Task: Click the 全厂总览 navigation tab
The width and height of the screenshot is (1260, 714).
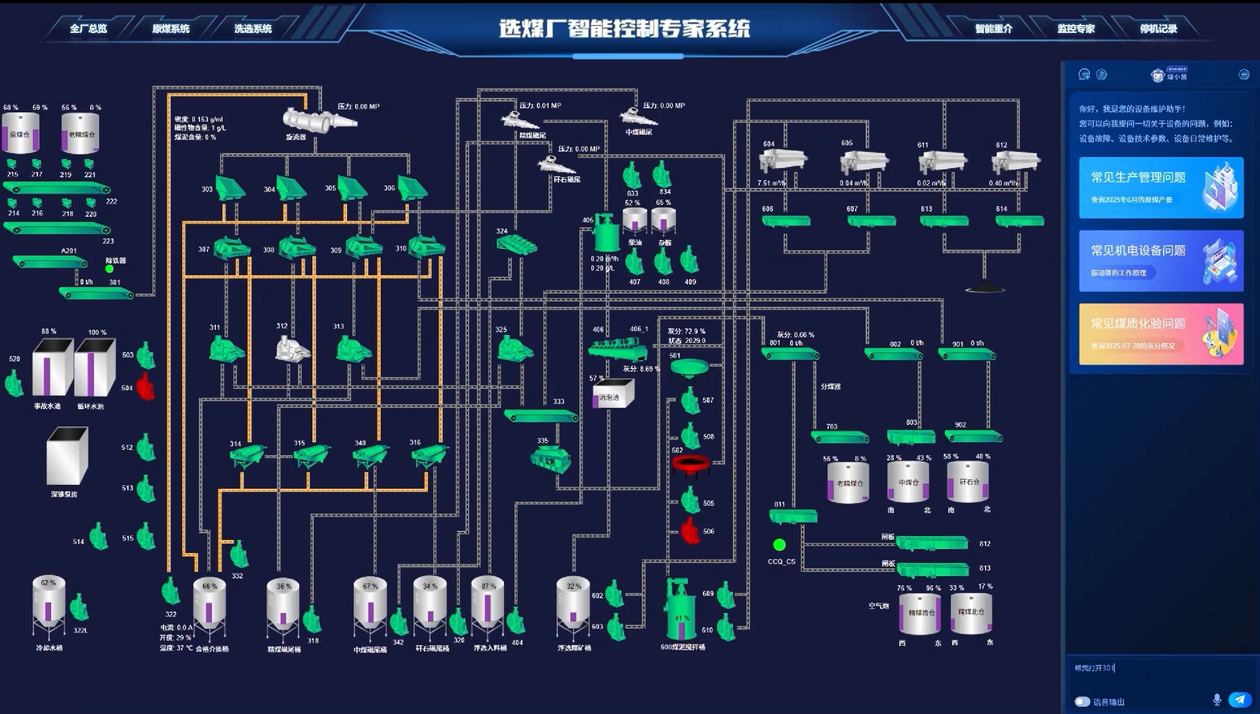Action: (88, 29)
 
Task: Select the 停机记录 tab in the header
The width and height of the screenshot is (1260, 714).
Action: (1158, 29)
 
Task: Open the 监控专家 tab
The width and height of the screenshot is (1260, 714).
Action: (1076, 29)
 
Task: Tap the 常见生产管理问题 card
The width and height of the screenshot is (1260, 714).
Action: (1160, 188)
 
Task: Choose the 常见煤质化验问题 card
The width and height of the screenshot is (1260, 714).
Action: (1160, 334)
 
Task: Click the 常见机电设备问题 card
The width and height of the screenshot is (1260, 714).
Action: (1160, 261)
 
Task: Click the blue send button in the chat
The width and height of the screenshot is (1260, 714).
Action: (1239, 700)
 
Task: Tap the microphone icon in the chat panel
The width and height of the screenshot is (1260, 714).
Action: (1217, 700)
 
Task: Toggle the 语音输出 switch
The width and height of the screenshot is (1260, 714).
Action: (1082, 702)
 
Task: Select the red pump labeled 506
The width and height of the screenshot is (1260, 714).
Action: (690, 531)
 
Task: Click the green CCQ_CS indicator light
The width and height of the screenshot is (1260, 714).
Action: (779, 545)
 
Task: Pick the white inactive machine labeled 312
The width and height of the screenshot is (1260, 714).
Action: (291, 349)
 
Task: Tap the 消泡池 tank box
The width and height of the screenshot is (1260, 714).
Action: (613, 394)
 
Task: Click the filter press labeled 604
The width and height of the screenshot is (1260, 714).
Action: (782, 161)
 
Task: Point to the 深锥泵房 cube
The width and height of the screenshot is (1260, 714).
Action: (67, 456)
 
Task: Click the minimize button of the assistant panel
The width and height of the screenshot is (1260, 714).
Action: (1244, 74)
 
